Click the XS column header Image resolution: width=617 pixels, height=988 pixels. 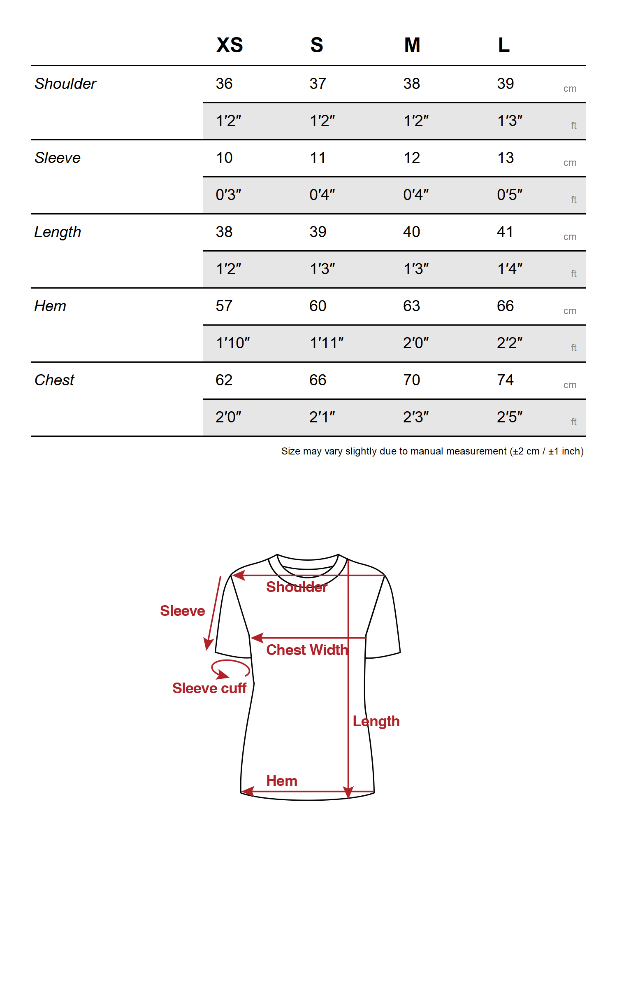[230, 45]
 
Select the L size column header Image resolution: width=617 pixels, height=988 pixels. [503, 45]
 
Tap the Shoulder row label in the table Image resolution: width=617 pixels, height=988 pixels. [65, 84]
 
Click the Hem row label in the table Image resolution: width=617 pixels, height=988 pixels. [50, 306]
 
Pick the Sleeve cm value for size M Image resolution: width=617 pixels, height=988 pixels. [411, 158]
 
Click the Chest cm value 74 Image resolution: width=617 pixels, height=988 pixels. [505, 380]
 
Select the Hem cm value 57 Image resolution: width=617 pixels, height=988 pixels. [224, 306]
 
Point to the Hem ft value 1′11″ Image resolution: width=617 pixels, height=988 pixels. [326, 343]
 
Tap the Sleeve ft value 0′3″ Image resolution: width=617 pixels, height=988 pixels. [228, 195]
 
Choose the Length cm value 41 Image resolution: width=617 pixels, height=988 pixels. [505, 232]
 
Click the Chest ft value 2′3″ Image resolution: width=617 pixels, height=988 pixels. [415, 417]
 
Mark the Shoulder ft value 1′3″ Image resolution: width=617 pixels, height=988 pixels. [510, 121]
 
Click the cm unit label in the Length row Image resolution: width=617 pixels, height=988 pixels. [570, 237]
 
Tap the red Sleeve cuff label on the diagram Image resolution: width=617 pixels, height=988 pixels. [209, 688]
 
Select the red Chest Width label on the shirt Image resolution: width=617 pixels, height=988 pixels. [307, 650]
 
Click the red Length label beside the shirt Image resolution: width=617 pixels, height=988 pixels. [376, 721]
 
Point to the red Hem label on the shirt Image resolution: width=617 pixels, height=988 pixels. [282, 781]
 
